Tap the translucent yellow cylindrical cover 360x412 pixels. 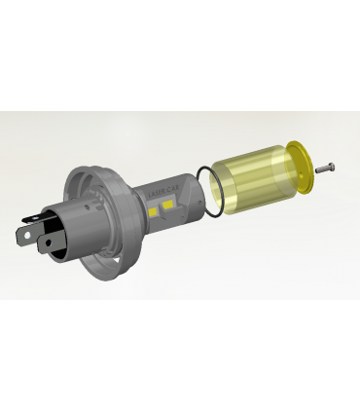tap(256, 181)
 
